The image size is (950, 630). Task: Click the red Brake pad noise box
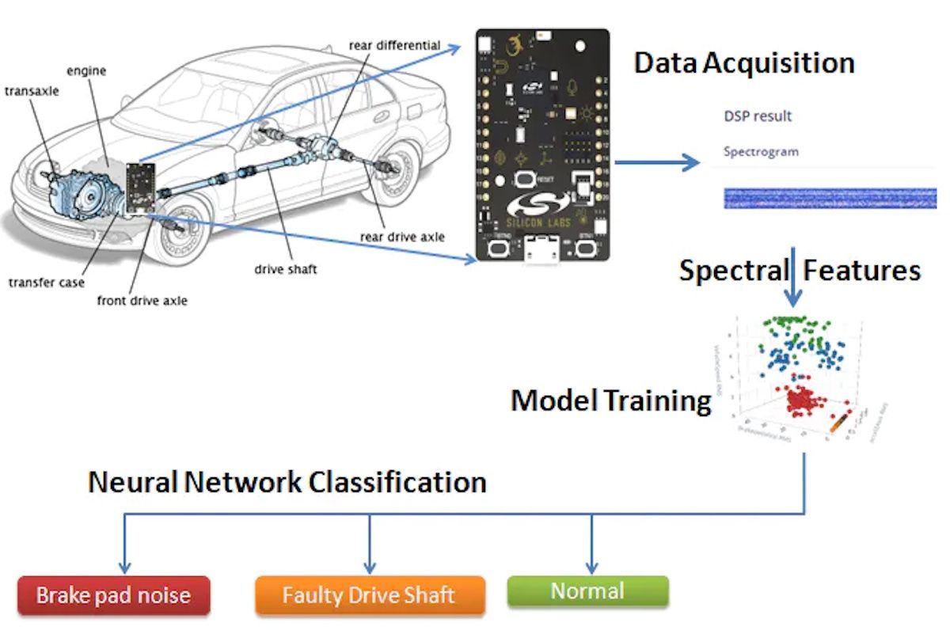tap(114, 595)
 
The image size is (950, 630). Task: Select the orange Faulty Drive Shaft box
tap(369, 595)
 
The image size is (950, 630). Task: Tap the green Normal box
tap(587, 590)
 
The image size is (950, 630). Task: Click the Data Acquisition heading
tap(743, 63)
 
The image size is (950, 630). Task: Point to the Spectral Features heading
tap(800, 271)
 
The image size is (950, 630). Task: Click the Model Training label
tap(610, 400)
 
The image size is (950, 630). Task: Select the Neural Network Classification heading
tap(287, 482)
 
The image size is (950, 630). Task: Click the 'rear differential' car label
tap(394, 45)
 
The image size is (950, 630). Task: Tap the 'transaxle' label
tap(32, 91)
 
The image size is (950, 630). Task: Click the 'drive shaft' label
tap(285, 269)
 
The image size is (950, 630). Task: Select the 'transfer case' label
tap(47, 283)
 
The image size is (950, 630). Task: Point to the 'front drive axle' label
tap(142, 301)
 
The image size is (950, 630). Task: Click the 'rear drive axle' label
tap(402, 237)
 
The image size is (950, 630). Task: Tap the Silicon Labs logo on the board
tap(542, 207)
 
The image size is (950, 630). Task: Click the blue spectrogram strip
tap(830, 198)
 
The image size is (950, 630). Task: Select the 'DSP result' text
tap(758, 116)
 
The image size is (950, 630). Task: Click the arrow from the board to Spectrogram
tap(657, 163)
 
